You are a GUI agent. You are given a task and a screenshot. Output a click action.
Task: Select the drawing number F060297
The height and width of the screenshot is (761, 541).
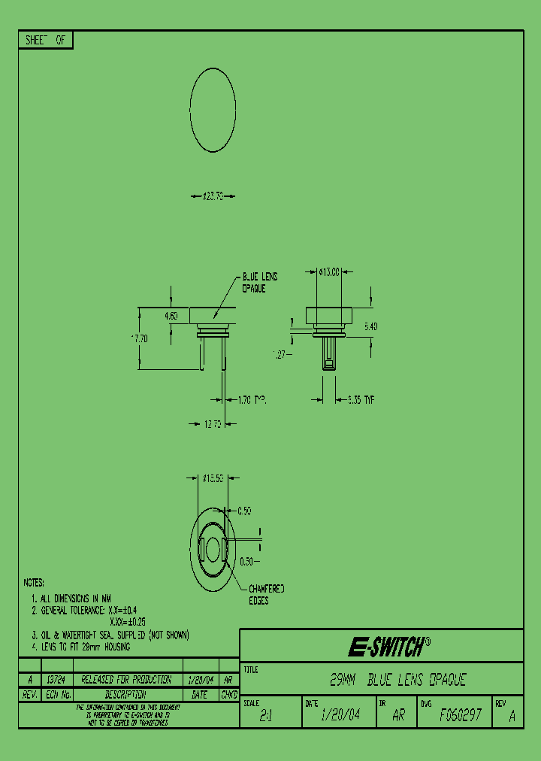(x=461, y=715)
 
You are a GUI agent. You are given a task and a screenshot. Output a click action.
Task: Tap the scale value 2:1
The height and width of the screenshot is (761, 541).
(x=265, y=717)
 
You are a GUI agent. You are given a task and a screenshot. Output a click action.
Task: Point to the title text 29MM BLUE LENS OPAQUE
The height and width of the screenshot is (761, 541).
(x=398, y=681)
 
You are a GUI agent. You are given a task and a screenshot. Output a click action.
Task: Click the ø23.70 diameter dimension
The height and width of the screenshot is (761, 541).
(x=213, y=197)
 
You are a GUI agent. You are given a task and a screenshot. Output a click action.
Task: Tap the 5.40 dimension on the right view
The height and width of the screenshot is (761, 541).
(x=371, y=326)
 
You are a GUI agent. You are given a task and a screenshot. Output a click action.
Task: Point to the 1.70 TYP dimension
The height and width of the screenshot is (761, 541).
(x=252, y=402)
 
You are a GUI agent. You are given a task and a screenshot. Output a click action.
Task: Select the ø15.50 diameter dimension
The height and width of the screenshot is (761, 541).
(x=214, y=478)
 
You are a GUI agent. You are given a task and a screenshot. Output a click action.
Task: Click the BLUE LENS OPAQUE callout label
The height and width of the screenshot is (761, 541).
(x=259, y=283)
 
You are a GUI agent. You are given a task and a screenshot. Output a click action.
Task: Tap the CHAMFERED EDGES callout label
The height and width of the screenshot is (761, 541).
(x=267, y=595)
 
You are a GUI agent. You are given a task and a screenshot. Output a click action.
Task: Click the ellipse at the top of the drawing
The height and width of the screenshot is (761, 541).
(x=213, y=110)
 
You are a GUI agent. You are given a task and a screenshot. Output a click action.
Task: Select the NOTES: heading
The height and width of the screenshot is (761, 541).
(x=34, y=583)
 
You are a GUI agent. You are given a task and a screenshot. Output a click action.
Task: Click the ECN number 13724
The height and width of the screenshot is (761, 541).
(x=57, y=679)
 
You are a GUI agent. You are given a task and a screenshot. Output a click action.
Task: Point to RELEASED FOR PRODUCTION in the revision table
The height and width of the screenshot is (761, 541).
(x=126, y=679)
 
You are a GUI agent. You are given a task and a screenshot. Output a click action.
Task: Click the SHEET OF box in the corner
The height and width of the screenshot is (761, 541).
(x=45, y=41)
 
